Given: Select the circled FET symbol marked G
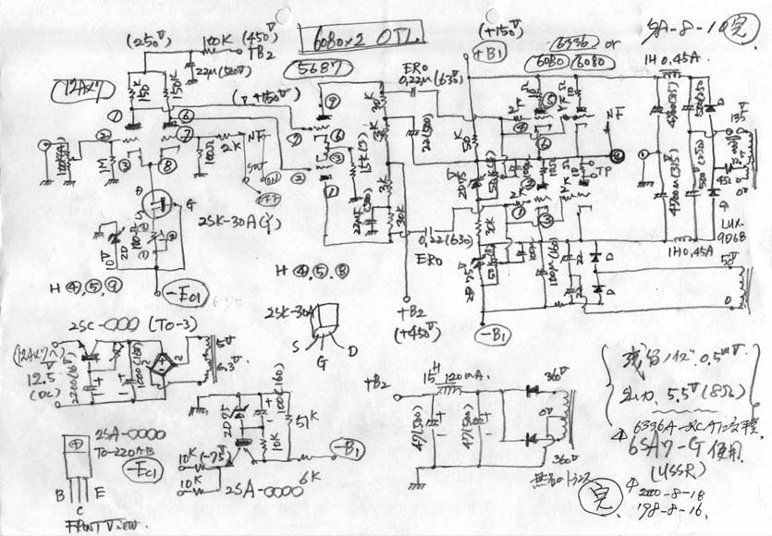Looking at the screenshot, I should click(x=158, y=205).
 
